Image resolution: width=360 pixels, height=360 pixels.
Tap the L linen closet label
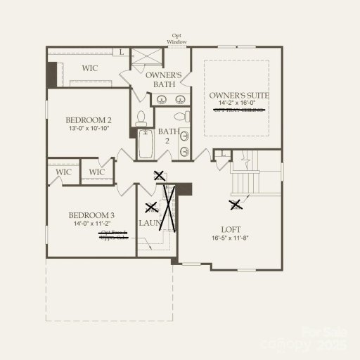[120, 52]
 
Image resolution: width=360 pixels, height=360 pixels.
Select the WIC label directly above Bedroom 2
[89, 68]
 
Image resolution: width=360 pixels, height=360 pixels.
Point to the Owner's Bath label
[164, 79]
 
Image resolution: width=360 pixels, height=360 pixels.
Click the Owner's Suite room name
[239, 95]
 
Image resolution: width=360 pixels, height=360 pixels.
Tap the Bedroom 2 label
[89, 120]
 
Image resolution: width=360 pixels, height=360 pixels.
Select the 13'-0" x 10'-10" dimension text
[89, 129]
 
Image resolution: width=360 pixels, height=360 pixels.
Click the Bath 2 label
[168, 136]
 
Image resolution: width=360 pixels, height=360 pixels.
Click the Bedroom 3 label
[91, 215]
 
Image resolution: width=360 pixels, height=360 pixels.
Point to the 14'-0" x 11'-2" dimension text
[91, 224]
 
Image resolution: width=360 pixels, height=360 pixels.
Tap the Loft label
[231, 229]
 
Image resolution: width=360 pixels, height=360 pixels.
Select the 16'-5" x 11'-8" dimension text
[231, 238]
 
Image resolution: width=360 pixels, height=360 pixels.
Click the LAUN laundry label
[149, 223]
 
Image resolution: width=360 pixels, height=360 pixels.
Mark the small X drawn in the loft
[236, 205]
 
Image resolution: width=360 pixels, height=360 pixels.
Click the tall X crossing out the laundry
[169, 207]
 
